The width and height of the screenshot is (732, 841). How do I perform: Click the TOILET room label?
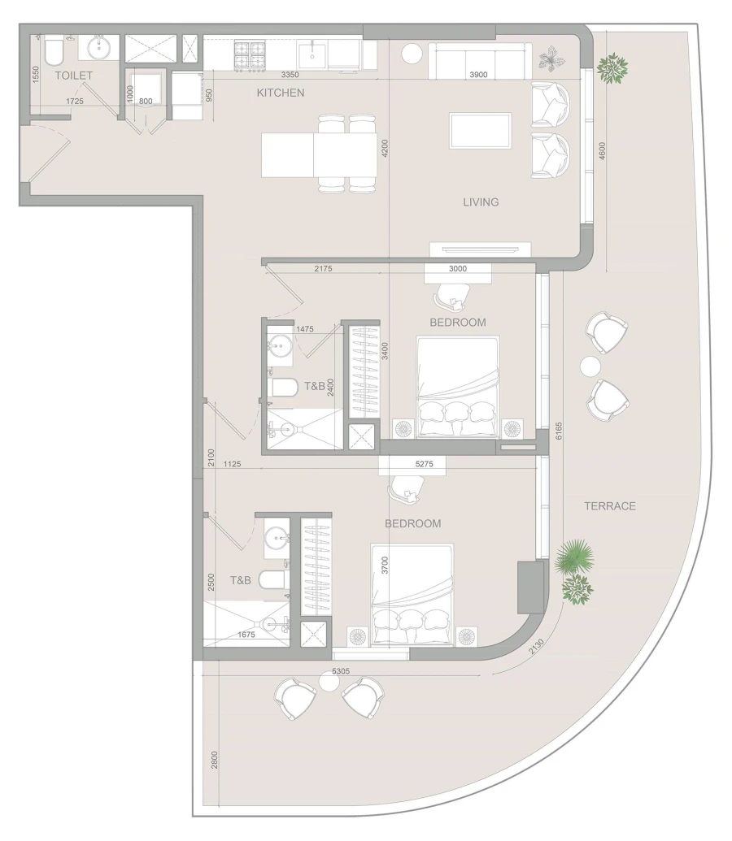pyautogui.click(x=73, y=76)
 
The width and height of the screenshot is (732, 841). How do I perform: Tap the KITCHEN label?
pyautogui.click(x=280, y=93)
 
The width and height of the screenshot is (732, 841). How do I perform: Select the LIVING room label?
pyautogui.click(x=481, y=202)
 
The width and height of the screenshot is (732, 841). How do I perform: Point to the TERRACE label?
pyautogui.click(x=609, y=506)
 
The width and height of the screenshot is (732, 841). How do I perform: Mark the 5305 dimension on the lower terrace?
pyautogui.click(x=341, y=671)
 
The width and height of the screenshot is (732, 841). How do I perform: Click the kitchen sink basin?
pyautogui.click(x=312, y=54)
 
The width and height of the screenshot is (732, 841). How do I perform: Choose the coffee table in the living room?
pyautogui.click(x=481, y=131)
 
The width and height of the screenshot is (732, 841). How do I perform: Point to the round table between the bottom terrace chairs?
pyautogui.click(x=329, y=683)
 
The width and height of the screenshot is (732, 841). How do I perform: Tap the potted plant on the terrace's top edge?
pyautogui.click(x=612, y=68)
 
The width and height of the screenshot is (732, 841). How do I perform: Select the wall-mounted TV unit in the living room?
pyautogui.click(x=481, y=249)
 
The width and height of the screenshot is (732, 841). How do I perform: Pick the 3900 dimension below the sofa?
pyautogui.click(x=479, y=75)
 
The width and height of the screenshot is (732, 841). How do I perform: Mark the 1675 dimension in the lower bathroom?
pyautogui.click(x=246, y=635)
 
